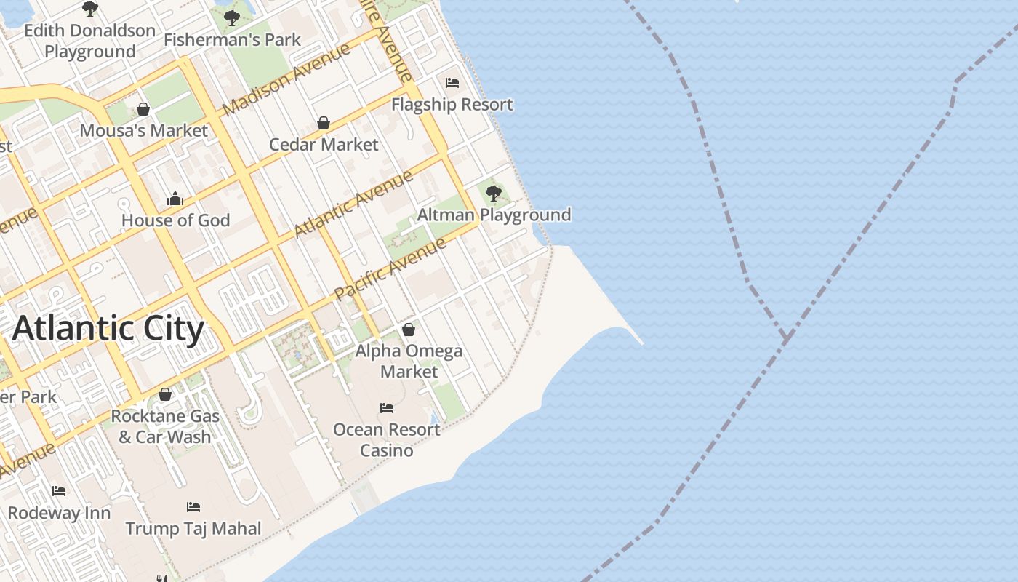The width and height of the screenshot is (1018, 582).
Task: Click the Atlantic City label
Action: [x=108, y=328]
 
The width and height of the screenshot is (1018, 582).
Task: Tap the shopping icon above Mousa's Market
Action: [x=143, y=109]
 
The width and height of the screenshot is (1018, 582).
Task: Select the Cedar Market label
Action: [x=324, y=144]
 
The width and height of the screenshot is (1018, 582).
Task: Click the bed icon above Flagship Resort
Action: [x=452, y=83]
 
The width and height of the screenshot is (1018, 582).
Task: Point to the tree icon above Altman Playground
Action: [x=494, y=193]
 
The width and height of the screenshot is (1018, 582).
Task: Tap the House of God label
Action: [x=175, y=220]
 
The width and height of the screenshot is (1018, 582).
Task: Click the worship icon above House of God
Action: [x=175, y=199]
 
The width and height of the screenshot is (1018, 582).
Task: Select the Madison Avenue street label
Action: [x=286, y=79]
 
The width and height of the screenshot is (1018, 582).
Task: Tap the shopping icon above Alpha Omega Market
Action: [x=409, y=330]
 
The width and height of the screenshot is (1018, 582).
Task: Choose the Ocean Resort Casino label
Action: [x=386, y=439]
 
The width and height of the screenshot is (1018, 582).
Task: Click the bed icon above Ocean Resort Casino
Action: [x=387, y=408]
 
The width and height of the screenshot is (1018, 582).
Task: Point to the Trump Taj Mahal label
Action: [x=193, y=528]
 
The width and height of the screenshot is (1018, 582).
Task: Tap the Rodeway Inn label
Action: [x=59, y=512]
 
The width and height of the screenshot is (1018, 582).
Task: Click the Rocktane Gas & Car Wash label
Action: [x=165, y=426]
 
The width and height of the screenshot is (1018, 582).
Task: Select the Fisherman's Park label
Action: [x=232, y=39]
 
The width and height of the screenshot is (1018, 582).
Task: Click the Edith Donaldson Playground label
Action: [x=90, y=41]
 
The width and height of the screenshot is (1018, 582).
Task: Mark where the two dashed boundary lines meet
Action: [x=786, y=338]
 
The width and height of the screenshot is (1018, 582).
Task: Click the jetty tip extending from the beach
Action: [x=641, y=343]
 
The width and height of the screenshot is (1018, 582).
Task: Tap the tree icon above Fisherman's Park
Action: [x=232, y=17]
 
